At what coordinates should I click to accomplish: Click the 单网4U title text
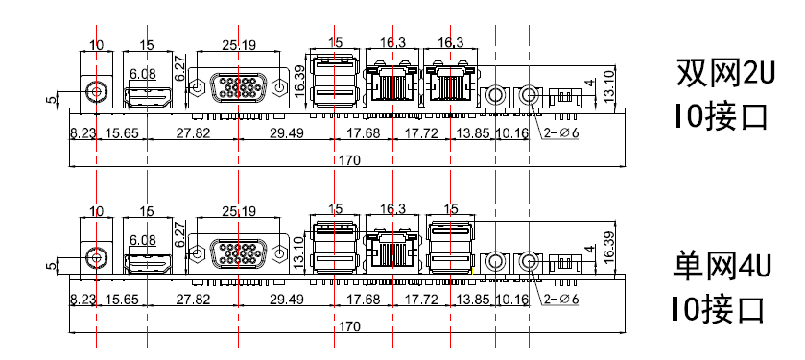[722, 267]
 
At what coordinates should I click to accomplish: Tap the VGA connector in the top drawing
[238, 87]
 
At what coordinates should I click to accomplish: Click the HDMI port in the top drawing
[148, 97]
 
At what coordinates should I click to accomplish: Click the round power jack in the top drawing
[96, 92]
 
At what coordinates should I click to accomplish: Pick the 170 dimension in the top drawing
[349, 160]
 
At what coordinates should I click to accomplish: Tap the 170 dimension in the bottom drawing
[349, 326]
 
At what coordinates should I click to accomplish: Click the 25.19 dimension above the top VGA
[239, 45]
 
